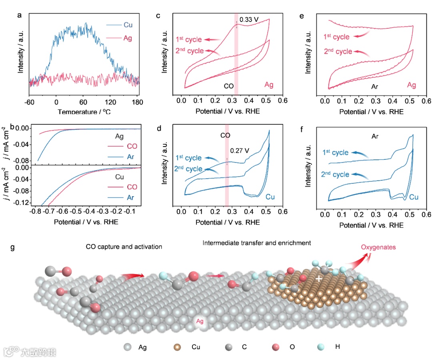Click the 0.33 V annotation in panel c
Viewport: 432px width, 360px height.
click(249, 19)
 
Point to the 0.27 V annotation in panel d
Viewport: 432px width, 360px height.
click(240, 151)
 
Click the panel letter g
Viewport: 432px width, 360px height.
click(13, 247)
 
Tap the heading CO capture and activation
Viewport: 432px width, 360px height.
click(124, 247)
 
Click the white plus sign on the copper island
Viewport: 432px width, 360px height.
click(319, 278)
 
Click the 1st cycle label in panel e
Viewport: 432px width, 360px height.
click(336, 37)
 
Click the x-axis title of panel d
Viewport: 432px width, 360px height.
click(228, 222)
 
